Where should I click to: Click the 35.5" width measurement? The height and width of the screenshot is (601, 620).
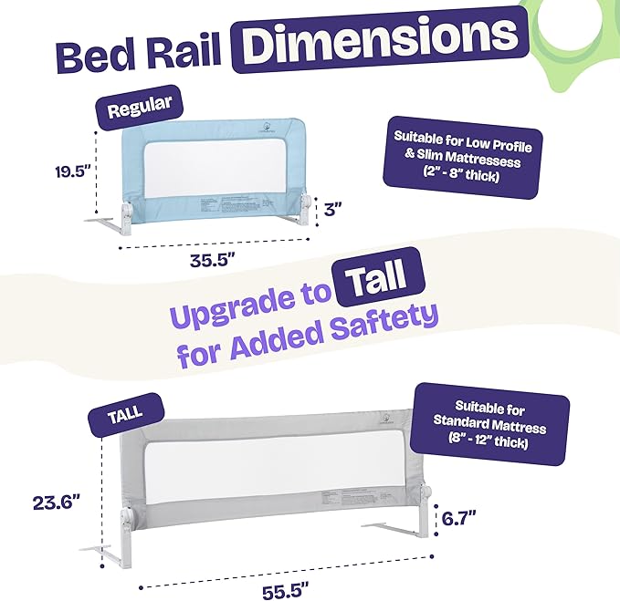tap(208, 259)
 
